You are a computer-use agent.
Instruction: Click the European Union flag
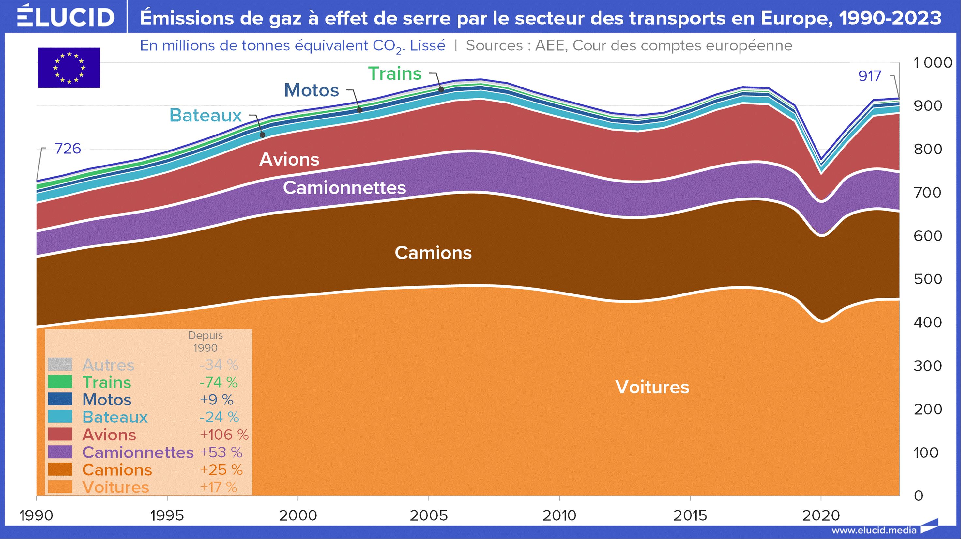coord(69,68)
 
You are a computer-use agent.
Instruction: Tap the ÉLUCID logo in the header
coord(66,16)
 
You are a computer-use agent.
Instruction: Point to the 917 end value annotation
coord(869,76)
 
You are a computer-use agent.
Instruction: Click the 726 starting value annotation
coord(68,149)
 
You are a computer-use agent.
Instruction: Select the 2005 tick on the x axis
coord(429,515)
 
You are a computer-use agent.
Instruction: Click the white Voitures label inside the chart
coord(652,387)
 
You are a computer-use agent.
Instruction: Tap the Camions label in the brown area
coord(433,253)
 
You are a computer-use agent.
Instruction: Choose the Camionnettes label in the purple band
coord(344,187)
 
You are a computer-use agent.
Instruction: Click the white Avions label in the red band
coord(289,159)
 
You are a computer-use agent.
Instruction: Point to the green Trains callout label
coord(395,73)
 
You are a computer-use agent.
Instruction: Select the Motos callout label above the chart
coord(312,90)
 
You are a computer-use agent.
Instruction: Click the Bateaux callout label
coord(206,115)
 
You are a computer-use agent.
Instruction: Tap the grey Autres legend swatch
coord(60,364)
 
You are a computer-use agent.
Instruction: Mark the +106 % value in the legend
coord(224,435)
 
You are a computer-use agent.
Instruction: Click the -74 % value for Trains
coord(219,382)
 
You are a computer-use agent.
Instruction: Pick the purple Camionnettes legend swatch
coord(60,452)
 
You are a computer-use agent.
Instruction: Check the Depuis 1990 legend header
coord(205,341)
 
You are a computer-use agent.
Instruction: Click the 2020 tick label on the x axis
coord(821,515)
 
